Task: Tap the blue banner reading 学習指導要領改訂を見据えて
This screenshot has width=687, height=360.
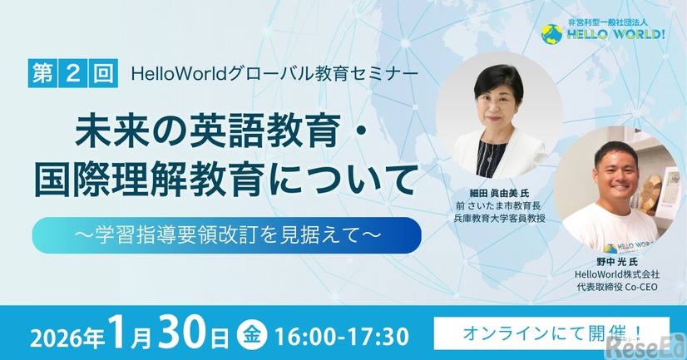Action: click(226, 235)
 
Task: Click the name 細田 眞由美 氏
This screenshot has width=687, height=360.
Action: click(496, 192)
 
